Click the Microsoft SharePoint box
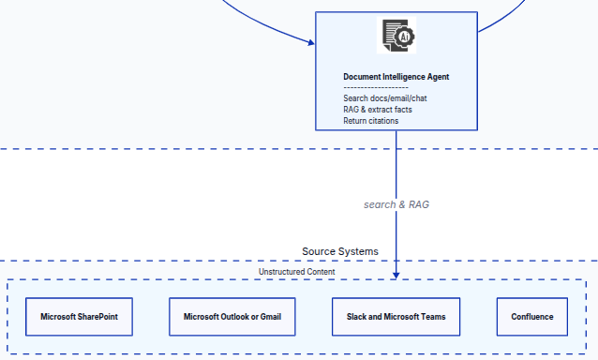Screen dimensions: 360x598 point(79,317)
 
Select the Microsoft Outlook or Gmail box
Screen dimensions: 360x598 point(232,317)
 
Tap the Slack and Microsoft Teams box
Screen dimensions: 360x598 point(396,317)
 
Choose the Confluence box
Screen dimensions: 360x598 point(531,317)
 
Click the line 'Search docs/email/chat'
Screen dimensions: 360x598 point(385,97)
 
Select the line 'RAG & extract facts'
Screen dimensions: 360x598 point(377,109)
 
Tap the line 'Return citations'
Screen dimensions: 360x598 point(370,120)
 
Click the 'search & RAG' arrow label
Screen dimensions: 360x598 point(396,203)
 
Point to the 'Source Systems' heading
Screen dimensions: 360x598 point(340,251)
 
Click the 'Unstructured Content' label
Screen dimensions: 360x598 point(296,272)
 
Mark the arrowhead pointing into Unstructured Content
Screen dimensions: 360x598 point(396,275)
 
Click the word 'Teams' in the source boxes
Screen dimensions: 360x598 point(445,317)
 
